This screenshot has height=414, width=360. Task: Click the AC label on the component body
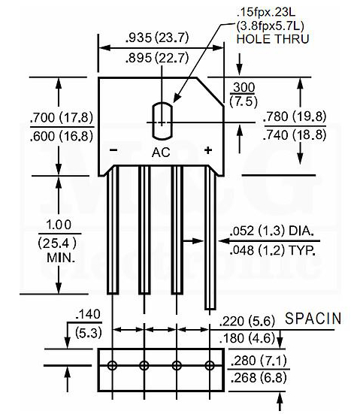tap(161, 153)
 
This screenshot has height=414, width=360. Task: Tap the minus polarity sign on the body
tap(113, 150)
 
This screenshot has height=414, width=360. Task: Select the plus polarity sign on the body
tap(208, 150)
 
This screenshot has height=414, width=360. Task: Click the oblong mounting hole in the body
tap(162, 121)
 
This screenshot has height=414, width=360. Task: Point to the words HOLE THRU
tap(273, 39)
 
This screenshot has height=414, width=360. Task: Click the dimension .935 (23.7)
tap(157, 38)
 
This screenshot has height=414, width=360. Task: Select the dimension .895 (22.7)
tap(157, 58)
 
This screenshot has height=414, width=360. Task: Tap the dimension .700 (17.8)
tap(62, 117)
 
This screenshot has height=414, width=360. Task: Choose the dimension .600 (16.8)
tap(62, 136)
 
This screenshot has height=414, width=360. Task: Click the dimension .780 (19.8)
tap(295, 116)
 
